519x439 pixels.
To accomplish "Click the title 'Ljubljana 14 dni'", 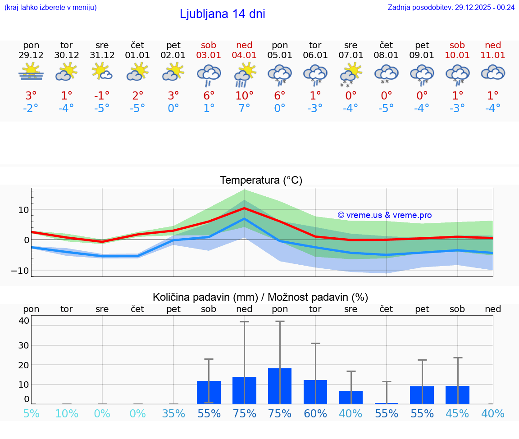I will (x=222, y=14).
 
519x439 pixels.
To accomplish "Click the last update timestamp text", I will (x=451, y=7).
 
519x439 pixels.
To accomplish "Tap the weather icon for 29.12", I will (x=31, y=72).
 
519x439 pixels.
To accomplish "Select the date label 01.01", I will (x=137, y=55).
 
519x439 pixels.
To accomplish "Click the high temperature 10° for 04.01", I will (x=244, y=96).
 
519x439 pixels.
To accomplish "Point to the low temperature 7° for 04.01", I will (x=244, y=109).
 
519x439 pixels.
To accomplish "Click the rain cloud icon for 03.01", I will (x=209, y=74).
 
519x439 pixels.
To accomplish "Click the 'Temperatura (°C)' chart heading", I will (x=261, y=181).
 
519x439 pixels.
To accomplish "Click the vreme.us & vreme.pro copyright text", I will (x=384, y=215).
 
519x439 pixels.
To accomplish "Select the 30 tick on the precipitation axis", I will (x=24, y=345).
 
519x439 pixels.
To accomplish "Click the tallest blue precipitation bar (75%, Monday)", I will (x=280, y=386).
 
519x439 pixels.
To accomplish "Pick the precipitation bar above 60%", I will (x=315, y=392).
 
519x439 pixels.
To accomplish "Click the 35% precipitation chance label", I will (x=173, y=413).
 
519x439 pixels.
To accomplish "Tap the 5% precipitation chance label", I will (x=31, y=413).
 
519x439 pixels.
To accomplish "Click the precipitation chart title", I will (x=260, y=297).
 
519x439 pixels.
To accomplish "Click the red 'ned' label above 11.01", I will (x=493, y=45).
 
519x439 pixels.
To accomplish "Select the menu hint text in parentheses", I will (x=50, y=7).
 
